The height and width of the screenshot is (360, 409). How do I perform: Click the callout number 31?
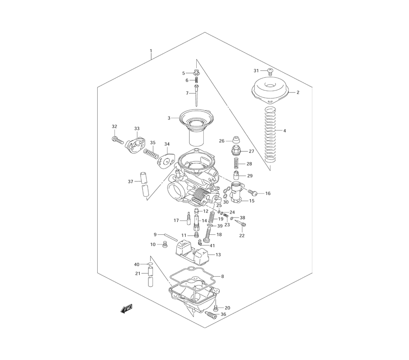point(256,71)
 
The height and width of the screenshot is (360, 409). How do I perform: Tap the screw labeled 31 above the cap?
point(270,72)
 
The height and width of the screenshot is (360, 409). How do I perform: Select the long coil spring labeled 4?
point(270,135)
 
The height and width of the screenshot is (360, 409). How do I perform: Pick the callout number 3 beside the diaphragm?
point(169,118)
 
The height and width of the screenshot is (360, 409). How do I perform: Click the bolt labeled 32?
point(117,140)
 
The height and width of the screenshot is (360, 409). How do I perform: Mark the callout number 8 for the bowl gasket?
point(222,276)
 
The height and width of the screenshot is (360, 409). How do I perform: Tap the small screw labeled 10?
point(164,245)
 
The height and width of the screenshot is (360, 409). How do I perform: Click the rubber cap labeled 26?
point(236,139)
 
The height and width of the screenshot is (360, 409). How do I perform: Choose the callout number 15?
point(252,201)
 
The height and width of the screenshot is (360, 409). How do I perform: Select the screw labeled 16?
point(252,193)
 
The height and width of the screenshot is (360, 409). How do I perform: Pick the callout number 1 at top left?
point(151,50)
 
